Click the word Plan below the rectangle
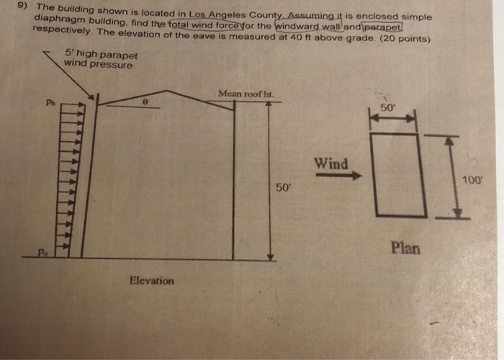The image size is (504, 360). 405,248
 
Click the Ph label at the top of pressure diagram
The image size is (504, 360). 50,102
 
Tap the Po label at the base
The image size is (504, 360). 44,253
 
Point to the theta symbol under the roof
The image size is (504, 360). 145,103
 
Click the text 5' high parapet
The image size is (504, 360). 101,54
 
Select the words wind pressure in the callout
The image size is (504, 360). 98,64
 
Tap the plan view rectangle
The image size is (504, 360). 395,174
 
